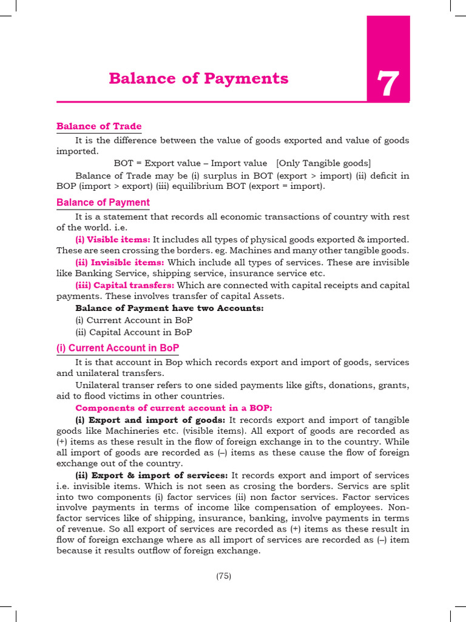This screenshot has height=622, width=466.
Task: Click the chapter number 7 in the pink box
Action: coord(388,84)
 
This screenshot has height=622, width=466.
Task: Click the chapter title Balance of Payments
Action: coord(198,78)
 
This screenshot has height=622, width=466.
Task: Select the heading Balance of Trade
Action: coord(99,126)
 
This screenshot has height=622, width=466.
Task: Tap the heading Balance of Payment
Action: coord(103,202)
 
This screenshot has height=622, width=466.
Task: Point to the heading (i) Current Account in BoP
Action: coord(118,347)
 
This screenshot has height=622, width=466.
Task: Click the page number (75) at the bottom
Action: coord(224,576)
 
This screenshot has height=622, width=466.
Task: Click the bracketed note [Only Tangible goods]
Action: coord(323,163)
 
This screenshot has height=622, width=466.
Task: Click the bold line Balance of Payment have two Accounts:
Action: coord(169,308)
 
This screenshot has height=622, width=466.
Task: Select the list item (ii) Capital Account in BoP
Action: coord(133,332)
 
